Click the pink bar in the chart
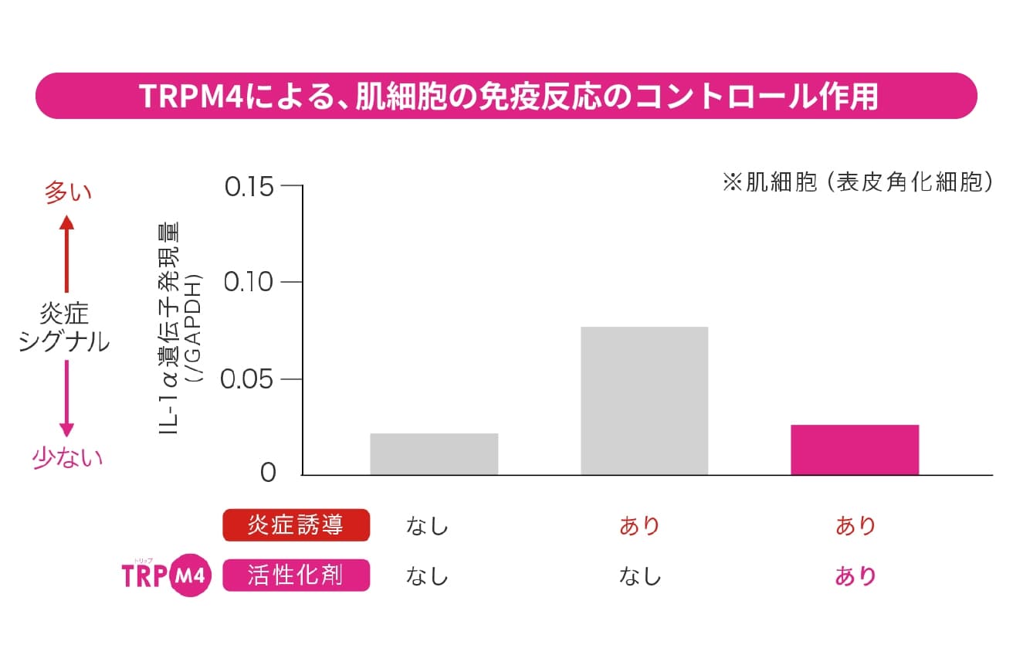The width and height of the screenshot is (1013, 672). click(855, 450)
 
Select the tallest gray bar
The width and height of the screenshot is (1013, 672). click(644, 400)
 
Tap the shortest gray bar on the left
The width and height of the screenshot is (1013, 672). click(434, 454)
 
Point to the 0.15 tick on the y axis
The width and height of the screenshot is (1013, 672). click(249, 187)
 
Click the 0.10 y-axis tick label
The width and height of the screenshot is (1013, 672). click(249, 283)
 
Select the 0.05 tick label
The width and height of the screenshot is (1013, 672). click(249, 380)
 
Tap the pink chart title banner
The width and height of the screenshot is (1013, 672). click(506, 96)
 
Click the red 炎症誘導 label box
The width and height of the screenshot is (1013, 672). click(296, 526)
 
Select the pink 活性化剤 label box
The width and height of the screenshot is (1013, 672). click(296, 576)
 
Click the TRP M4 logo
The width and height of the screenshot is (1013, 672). click(166, 575)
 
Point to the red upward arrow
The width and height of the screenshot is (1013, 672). click(67, 253)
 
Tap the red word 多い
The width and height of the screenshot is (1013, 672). click(67, 192)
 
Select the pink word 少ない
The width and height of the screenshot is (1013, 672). click(67, 458)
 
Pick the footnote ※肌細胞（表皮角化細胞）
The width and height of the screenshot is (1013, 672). click(856, 183)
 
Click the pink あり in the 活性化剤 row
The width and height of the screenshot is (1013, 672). click(855, 576)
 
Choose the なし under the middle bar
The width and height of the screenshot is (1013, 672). click(640, 576)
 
